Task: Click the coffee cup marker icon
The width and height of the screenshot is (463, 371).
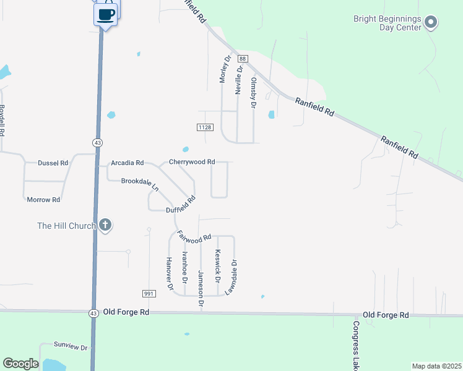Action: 106,14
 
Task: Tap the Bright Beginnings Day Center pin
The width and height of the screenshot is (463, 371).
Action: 431,23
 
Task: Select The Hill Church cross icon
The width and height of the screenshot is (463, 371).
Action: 105,225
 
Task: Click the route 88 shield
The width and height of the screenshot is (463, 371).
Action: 243,59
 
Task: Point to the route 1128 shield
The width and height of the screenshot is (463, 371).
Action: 206,127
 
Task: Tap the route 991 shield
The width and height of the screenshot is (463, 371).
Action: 149,294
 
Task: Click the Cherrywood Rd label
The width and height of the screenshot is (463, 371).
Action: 192,162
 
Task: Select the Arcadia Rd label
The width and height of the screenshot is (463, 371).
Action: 127,163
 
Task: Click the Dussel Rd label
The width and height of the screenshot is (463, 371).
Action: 53,163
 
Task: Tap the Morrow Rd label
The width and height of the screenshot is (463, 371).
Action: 43,200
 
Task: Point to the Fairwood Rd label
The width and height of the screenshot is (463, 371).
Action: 194,236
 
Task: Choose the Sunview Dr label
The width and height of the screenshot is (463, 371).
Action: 71,347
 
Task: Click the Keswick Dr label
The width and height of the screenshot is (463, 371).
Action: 217,265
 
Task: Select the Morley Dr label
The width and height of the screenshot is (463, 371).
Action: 225,69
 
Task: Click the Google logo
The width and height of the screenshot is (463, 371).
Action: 20,364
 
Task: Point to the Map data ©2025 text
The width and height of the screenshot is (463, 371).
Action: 436,366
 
